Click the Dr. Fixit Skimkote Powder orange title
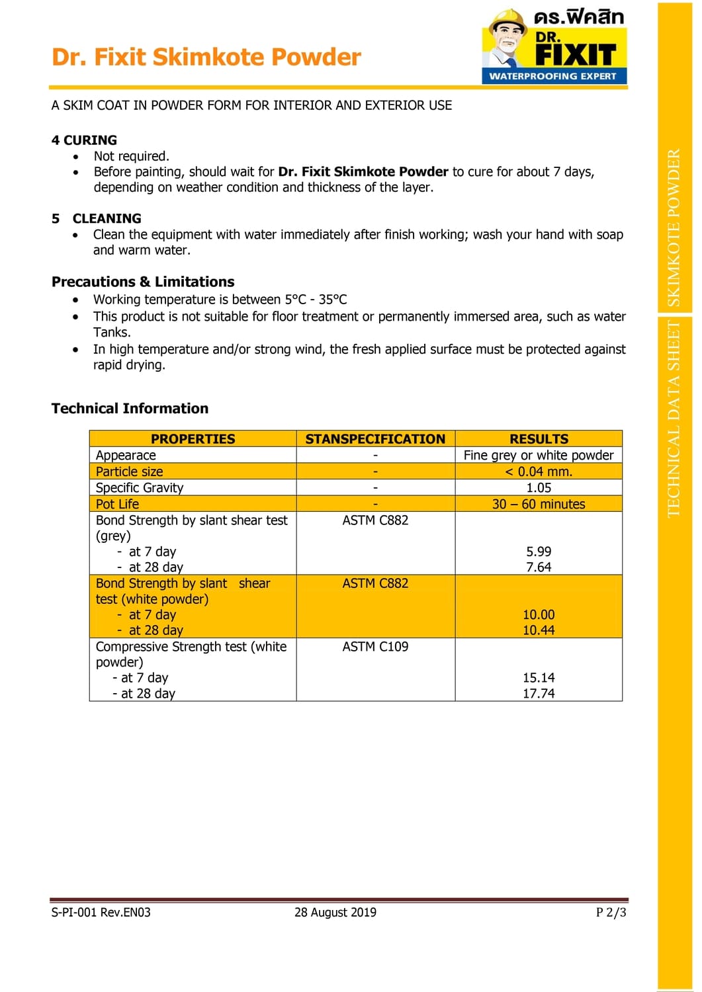206,58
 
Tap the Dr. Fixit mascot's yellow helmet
507,19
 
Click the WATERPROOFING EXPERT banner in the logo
553,76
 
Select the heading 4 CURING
84,140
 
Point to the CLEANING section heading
107,218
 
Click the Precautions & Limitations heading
143,282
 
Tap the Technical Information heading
130,409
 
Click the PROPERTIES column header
193,439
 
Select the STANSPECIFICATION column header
375,439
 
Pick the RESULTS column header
539,439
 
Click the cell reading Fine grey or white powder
539,455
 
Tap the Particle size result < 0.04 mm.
539,472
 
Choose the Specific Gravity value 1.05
539,488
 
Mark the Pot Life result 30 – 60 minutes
539,504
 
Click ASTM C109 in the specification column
375,647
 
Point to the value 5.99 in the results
539,552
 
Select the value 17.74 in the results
539,694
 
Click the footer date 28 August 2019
335,913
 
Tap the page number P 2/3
611,913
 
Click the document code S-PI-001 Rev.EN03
101,913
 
